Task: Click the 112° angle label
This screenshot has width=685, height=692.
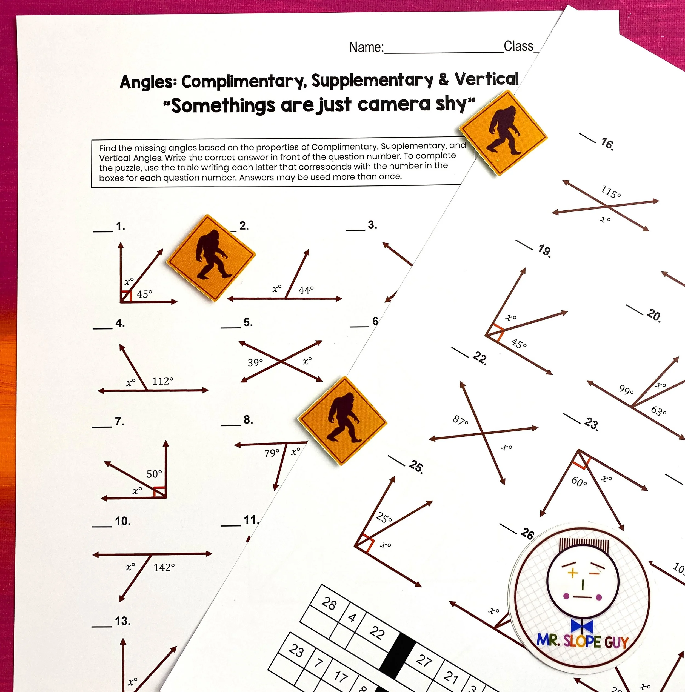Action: click(x=163, y=381)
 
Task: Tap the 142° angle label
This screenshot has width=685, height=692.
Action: click(x=164, y=567)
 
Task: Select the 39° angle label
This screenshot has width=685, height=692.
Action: click(x=255, y=362)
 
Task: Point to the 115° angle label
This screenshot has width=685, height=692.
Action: click(x=610, y=191)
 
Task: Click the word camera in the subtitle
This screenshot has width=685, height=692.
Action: click(x=393, y=104)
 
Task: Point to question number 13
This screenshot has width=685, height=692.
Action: click(x=122, y=621)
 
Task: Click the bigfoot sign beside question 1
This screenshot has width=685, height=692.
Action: click(x=211, y=258)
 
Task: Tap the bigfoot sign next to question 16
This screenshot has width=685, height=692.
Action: click(x=503, y=133)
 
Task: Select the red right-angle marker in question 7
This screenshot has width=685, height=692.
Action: click(x=159, y=492)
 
